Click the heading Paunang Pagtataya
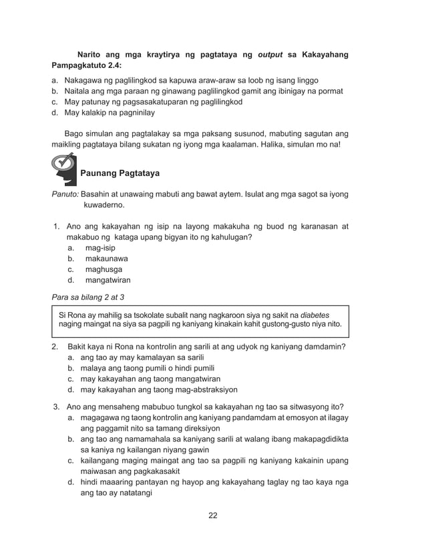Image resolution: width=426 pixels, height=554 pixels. click(120, 173)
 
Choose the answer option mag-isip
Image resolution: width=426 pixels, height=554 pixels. click(99, 248)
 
